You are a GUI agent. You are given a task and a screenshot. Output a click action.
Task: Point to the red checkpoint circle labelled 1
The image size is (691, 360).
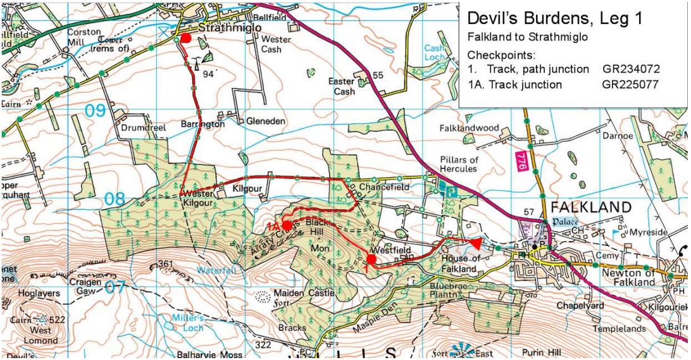(x=371, y=258)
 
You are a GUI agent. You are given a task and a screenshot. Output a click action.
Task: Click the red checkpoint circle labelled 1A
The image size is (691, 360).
(x=287, y=225)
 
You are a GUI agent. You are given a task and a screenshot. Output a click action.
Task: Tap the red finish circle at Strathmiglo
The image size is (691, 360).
(x=185, y=38)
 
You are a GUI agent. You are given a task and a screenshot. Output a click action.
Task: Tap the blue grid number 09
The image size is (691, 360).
(x=96, y=111)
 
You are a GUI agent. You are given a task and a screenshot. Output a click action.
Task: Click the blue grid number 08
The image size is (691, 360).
(x=115, y=199)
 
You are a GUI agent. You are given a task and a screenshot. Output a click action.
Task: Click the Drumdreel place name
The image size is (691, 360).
(x=143, y=127)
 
